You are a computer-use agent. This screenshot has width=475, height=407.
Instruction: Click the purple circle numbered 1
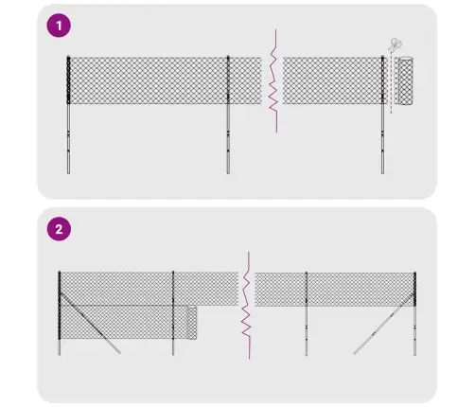point(60,26)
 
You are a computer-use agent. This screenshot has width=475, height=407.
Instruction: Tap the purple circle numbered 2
point(60,228)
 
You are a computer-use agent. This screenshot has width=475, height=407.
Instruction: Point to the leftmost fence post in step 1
point(69,114)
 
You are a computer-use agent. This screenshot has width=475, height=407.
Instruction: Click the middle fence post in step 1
point(228,114)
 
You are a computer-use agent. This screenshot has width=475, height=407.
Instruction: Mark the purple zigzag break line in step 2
point(246,303)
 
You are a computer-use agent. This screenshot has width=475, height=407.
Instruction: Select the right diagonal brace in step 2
point(383,327)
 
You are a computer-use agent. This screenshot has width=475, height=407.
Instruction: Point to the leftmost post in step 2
point(60,312)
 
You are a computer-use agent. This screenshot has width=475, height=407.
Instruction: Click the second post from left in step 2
point(173,312)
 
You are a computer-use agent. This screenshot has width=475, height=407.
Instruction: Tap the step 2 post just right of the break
point(306,312)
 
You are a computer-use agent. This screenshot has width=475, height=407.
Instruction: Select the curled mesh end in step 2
point(192,322)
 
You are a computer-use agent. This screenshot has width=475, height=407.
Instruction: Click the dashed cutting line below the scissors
point(390,85)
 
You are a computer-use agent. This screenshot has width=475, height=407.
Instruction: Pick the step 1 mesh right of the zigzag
point(331,80)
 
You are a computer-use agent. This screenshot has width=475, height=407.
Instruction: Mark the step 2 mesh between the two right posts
point(360,289)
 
